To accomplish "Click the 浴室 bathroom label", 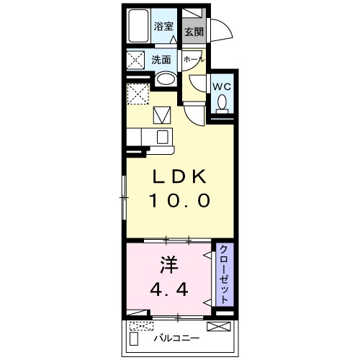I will coord(164,26).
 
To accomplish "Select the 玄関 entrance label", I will coord(192,32).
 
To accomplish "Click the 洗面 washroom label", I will coord(161,60).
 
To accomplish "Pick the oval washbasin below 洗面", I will coord(166,78).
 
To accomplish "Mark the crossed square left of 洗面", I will coord(136,60).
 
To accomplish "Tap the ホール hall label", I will coord(193,60).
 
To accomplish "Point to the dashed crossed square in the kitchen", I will coord(136,94).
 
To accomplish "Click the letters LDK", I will coord(180,176).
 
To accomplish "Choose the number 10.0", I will coord(180,202).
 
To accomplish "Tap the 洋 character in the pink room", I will coord(167,264).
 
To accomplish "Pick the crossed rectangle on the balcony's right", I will coord(217,326).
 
